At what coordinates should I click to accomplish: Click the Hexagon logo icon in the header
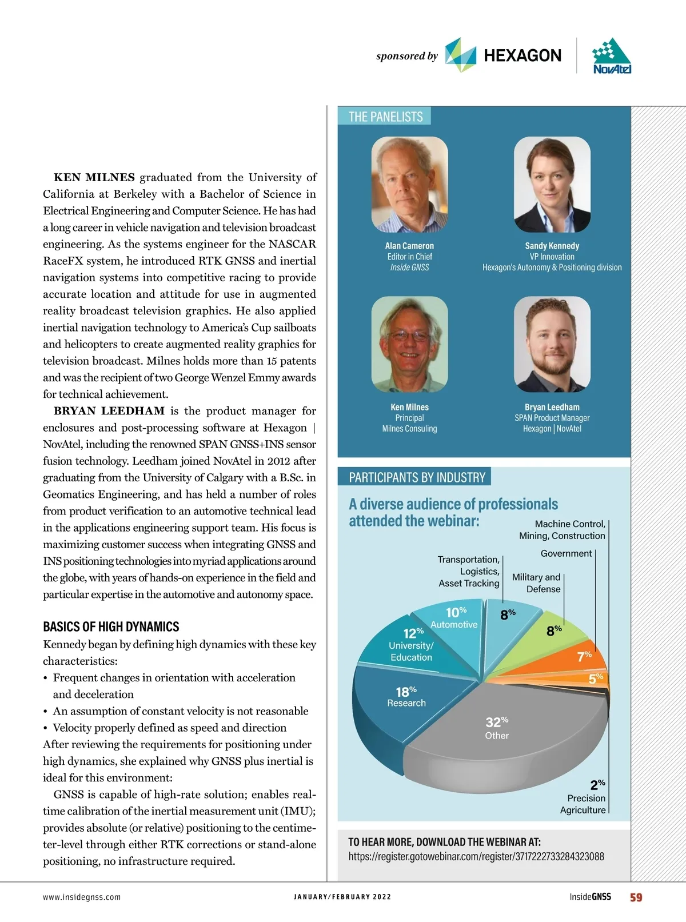click(x=460, y=55)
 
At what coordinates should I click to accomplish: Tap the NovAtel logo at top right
click(x=612, y=56)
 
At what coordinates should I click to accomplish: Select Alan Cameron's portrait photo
click(x=409, y=184)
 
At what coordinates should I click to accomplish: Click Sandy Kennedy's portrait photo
click(x=552, y=184)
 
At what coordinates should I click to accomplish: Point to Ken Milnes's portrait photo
click(x=409, y=344)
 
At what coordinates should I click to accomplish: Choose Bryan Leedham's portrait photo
click(x=552, y=344)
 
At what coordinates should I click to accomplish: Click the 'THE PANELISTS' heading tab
click(x=385, y=117)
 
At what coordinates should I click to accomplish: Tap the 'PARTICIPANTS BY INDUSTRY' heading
click(x=417, y=477)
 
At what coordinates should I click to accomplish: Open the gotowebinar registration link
click(x=476, y=856)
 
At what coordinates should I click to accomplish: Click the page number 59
click(x=636, y=897)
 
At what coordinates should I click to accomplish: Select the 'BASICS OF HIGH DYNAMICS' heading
click(x=111, y=626)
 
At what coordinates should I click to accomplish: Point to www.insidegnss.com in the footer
click(x=82, y=897)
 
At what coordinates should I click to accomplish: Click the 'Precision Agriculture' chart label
click(x=583, y=804)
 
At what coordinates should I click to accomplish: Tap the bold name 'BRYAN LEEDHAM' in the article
click(x=109, y=411)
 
